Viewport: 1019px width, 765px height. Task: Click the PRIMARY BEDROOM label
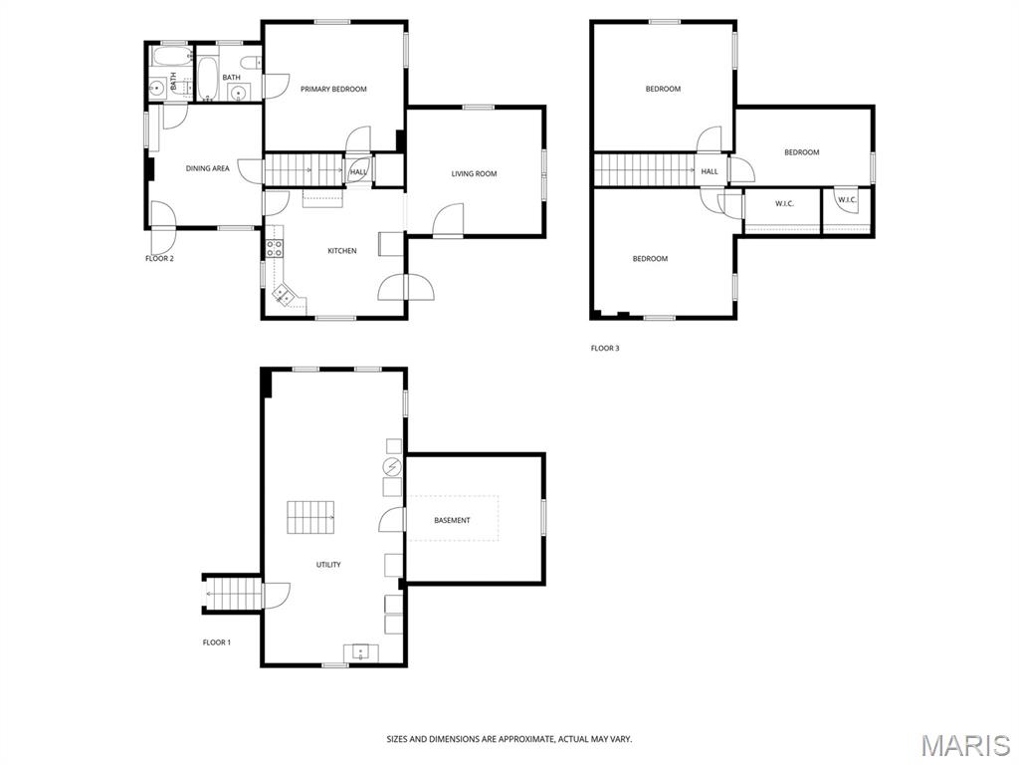point(333,89)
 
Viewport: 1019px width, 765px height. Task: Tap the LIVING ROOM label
point(474,173)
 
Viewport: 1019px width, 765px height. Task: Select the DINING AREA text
point(207,168)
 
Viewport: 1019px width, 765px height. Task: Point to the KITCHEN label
point(342,250)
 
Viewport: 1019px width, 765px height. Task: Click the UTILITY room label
point(328,565)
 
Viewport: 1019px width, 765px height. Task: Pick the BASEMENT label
point(452,520)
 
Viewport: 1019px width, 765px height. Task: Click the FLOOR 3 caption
point(605,348)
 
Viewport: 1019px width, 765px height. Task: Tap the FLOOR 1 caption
point(216,642)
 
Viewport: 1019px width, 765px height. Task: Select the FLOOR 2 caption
point(159,258)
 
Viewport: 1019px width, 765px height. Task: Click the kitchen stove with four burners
point(275,247)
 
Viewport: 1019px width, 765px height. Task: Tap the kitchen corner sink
point(284,295)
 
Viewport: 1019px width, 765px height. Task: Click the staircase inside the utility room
point(311,517)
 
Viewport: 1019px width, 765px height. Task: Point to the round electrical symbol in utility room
point(392,466)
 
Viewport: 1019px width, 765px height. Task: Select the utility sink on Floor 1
point(360,652)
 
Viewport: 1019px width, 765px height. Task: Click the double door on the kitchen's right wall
point(406,287)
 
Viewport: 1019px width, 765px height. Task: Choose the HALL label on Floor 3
point(710,171)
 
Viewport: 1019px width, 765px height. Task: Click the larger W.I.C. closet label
point(784,204)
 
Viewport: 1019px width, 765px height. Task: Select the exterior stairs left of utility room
point(232,594)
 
